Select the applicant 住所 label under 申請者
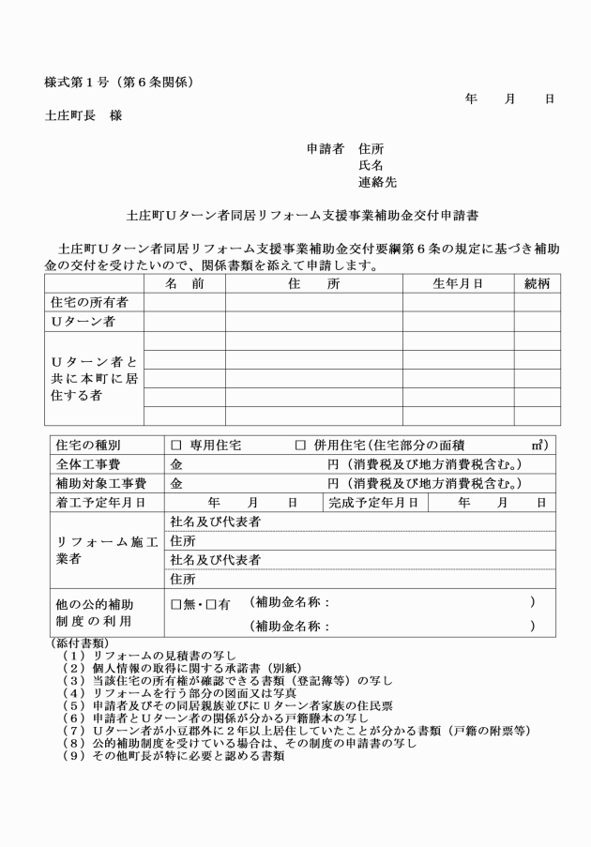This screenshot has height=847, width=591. (x=371, y=148)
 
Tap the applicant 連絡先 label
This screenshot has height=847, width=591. (x=377, y=182)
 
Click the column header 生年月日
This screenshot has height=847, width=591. (x=458, y=284)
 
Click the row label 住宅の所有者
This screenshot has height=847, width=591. (x=90, y=302)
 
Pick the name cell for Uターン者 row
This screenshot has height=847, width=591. (x=184, y=321)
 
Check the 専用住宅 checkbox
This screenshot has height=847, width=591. (x=176, y=445)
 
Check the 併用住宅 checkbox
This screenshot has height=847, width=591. (x=301, y=445)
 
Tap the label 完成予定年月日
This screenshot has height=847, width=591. (x=373, y=502)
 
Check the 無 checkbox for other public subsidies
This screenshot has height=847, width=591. (x=176, y=605)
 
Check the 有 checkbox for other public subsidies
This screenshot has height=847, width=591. (x=212, y=605)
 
